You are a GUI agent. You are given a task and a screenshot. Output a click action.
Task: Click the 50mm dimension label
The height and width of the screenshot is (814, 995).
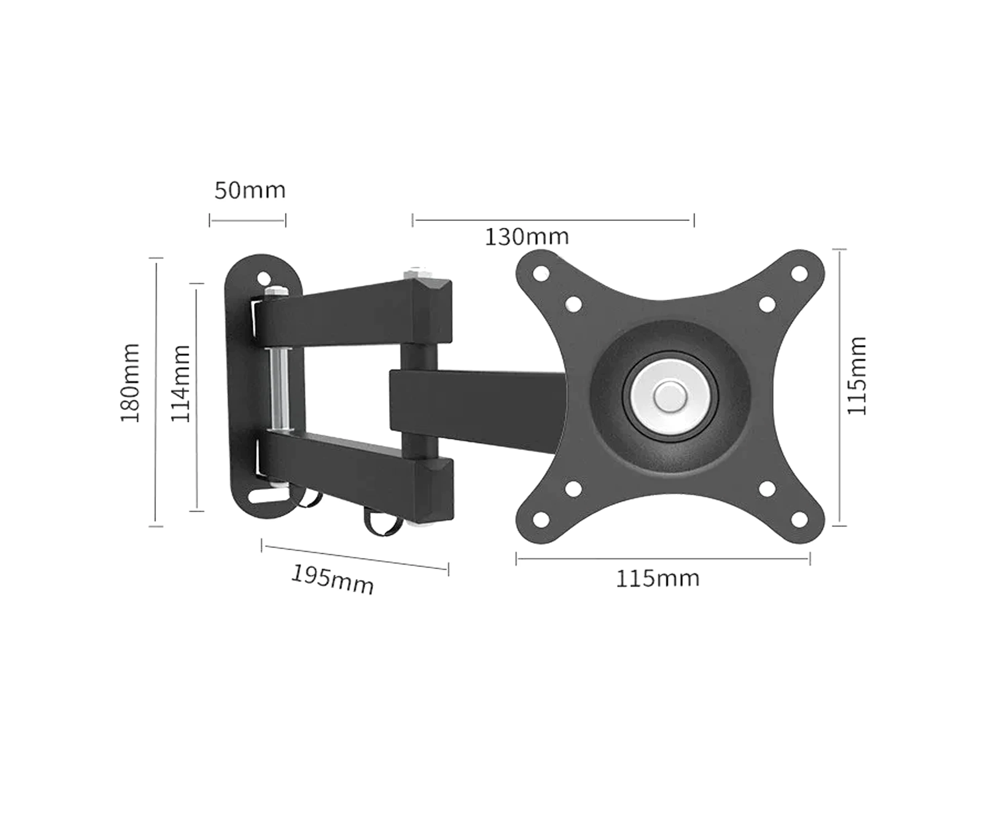(250, 190)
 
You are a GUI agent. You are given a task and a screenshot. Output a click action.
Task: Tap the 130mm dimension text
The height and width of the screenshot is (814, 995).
(527, 237)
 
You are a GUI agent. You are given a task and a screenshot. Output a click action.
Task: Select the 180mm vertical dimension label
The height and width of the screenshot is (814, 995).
(130, 383)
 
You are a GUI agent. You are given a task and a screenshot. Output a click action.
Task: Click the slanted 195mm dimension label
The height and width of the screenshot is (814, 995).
(332, 580)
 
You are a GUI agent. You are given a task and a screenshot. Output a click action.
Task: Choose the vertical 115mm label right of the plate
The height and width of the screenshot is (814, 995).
(857, 376)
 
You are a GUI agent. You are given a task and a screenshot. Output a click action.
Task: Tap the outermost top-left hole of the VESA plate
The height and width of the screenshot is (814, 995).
(540, 273)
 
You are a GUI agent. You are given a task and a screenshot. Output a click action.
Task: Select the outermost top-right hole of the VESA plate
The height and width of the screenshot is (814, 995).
(800, 273)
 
